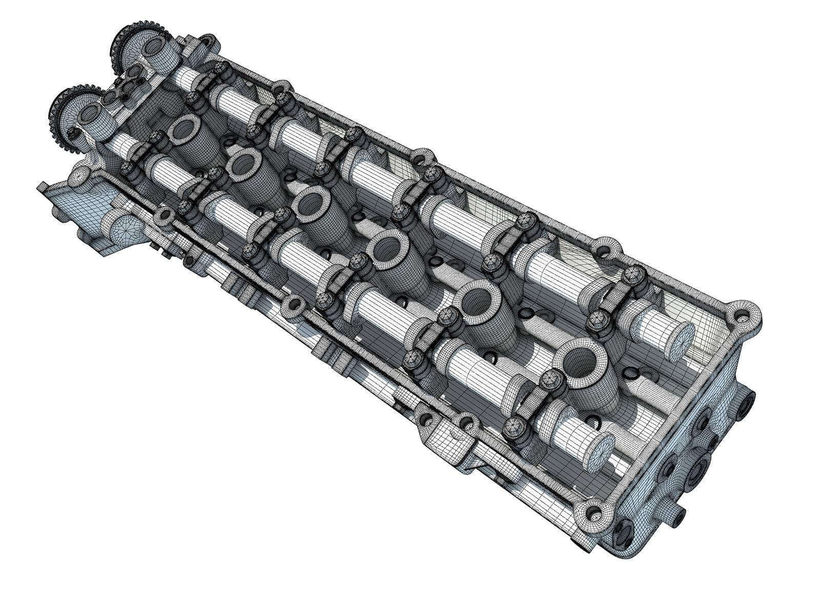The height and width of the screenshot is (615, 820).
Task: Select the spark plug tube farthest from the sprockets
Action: coord(583,364)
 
